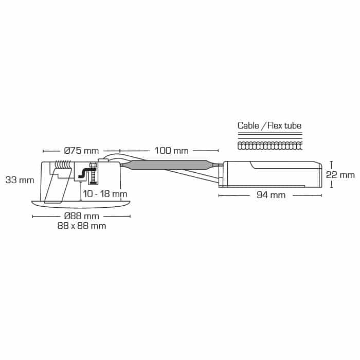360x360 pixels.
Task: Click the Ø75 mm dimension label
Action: click(81, 151)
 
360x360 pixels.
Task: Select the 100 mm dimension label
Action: click(171, 151)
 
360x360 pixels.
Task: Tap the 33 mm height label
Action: click(20, 180)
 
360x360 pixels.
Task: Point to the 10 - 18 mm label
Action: click(105, 194)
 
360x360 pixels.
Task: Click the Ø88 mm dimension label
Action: click(81, 216)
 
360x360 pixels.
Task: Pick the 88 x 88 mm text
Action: click(82, 226)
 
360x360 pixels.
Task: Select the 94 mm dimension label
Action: click(271, 195)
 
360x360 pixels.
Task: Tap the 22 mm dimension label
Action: click(340, 175)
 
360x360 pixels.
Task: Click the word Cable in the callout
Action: click(248, 125)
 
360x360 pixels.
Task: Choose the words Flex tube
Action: click(284, 125)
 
